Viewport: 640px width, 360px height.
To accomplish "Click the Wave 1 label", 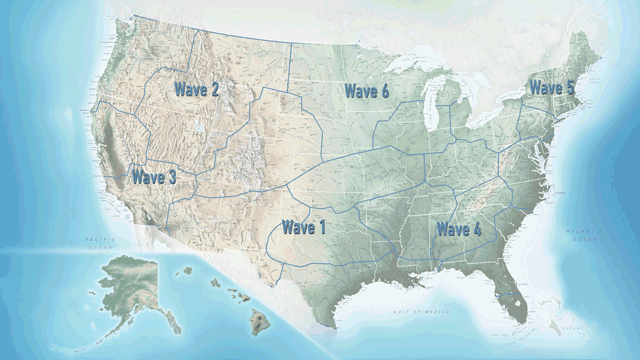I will tap(303, 227).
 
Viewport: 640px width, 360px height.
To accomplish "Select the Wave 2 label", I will tap(197, 89).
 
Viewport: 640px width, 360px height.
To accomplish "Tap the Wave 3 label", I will tap(153, 177).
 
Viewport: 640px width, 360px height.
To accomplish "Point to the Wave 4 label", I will tap(458, 229).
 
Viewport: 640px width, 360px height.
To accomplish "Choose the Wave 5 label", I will tap(551, 87).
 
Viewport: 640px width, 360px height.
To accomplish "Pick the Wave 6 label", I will tap(367, 91).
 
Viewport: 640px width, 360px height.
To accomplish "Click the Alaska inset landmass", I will tap(130, 285).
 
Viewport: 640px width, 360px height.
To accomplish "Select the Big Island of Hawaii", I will tap(259, 322).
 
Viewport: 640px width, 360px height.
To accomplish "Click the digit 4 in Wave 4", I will tap(476, 229).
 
